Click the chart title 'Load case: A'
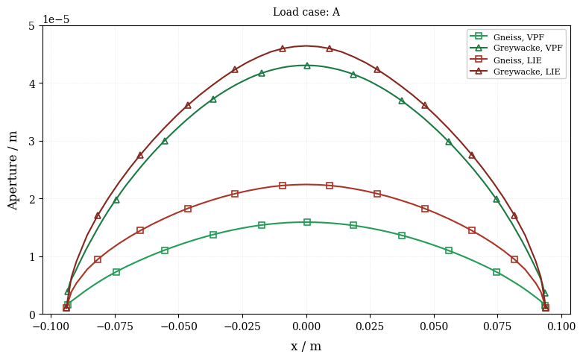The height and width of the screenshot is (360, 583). [306, 12]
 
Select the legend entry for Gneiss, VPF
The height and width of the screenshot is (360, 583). [519, 37]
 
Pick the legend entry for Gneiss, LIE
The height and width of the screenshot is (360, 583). [517, 60]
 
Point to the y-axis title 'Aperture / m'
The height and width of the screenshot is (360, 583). [13, 171]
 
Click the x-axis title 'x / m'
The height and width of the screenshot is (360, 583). [306, 347]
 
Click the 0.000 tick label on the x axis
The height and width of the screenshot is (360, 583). [306, 326]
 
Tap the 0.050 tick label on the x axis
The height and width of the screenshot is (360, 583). [435, 326]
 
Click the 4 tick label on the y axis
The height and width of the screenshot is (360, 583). [32, 83]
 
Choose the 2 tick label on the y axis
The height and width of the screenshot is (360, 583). [32, 199]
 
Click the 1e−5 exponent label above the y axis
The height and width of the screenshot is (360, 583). [56, 19]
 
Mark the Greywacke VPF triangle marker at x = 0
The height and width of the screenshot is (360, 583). [306, 66]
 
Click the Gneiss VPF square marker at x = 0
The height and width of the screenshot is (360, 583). [306, 222]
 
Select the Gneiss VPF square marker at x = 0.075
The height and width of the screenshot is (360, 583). [497, 272]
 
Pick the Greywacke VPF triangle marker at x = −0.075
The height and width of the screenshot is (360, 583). [116, 200]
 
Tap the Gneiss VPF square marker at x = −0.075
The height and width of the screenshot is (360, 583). [116, 272]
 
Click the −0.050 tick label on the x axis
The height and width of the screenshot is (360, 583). [179, 326]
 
